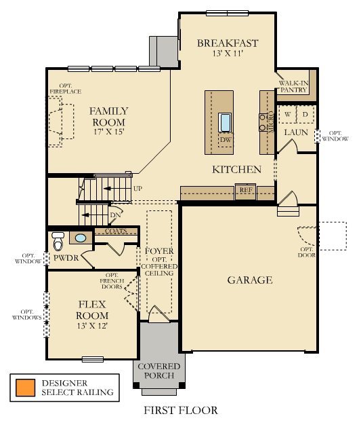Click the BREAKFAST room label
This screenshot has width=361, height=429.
point(227,44)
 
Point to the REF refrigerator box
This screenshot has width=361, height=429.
point(245,191)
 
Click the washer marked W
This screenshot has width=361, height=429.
point(288,115)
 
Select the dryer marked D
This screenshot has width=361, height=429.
point(305,115)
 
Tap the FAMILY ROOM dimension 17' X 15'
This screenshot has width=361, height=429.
point(108,132)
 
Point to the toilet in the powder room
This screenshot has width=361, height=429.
point(58,240)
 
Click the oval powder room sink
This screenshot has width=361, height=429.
point(81,238)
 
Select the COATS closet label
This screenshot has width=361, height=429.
point(116,231)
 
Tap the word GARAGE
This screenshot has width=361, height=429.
point(249,280)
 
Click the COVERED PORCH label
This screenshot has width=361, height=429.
point(159,371)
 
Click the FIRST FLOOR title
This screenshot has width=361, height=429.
point(180,411)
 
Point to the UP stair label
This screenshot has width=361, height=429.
point(138,188)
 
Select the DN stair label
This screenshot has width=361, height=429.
point(115,215)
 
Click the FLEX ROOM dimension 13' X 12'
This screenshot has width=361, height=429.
point(91,326)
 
